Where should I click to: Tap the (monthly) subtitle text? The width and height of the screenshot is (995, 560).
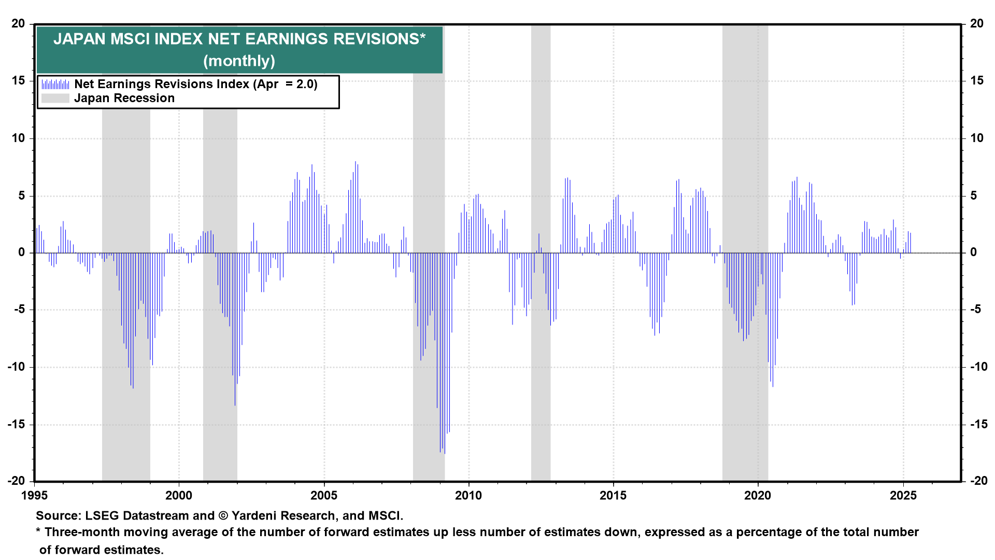239,61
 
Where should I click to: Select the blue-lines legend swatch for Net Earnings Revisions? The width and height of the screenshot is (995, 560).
55,84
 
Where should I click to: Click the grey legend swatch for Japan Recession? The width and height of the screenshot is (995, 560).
55,98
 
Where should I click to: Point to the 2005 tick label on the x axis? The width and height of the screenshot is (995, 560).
324,496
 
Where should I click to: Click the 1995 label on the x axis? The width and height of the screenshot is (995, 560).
34,496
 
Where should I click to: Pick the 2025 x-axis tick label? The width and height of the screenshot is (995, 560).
903,496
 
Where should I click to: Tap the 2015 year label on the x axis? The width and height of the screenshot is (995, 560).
614,496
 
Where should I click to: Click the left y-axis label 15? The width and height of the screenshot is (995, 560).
18,80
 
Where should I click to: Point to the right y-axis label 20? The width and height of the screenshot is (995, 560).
977,23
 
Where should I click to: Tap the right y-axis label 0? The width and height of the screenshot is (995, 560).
974,253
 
